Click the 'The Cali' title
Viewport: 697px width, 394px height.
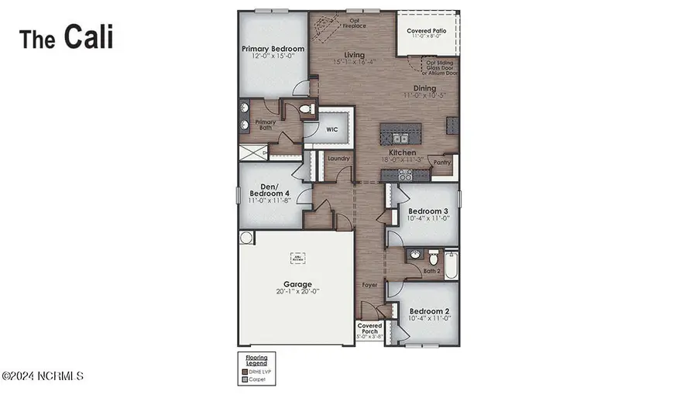click(x=66, y=36)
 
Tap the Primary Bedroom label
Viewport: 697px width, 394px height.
click(x=271, y=49)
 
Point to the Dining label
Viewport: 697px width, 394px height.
click(x=424, y=88)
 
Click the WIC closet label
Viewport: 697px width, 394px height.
click(x=331, y=130)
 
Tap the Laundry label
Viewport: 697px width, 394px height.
click(x=339, y=159)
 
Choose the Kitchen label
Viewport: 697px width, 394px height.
click(x=403, y=153)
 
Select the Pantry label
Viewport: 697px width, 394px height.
click(x=442, y=163)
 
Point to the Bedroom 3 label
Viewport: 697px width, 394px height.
click(x=428, y=211)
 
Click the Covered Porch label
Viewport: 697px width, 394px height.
click(x=370, y=330)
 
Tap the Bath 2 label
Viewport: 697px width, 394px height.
click(x=433, y=271)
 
